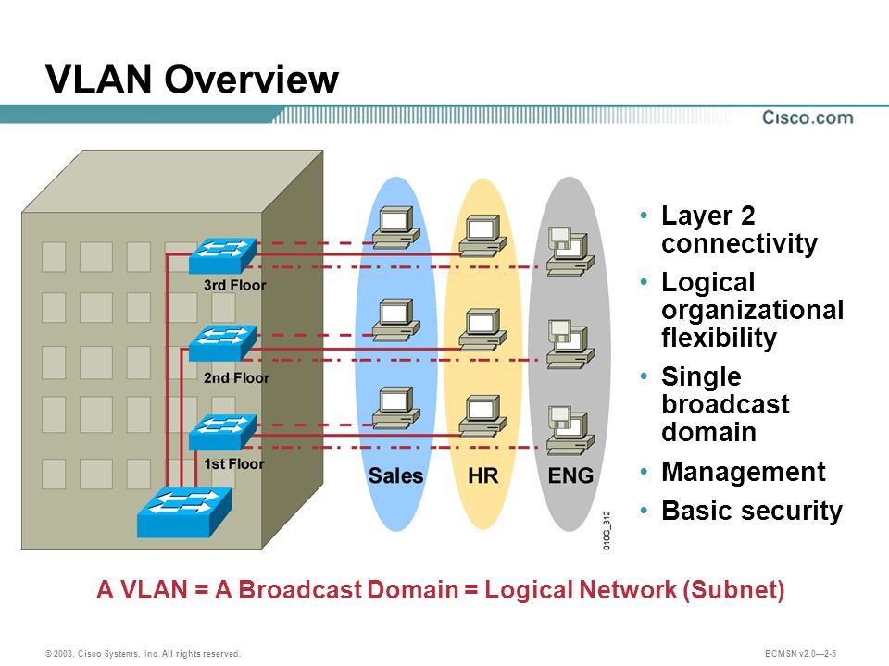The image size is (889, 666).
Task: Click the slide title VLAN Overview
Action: click(192, 79)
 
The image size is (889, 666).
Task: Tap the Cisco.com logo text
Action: click(808, 117)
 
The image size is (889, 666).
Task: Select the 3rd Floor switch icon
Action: click(222, 256)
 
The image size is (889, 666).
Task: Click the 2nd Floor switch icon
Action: click(222, 343)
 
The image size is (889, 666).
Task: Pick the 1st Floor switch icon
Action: click(222, 432)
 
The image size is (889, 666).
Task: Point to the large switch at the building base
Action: click(184, 512)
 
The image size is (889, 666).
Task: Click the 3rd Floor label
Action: click(234, 285)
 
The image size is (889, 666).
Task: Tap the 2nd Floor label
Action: click(236, 377)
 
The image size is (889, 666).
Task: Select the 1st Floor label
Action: click(233, 463)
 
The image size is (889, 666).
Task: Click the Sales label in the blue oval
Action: click(395, 475)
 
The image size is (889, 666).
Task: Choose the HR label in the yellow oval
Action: click(483, 475)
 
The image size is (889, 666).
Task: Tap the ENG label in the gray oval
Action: click(570, 475)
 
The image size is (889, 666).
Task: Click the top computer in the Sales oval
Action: click(396, 228)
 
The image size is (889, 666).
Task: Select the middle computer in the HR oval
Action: click(483, 329)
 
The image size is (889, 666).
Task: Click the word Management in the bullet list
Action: click(744, 472)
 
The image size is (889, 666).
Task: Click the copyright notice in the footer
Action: click(143, 654)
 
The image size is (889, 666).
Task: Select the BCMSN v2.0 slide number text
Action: click(800, 654)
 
